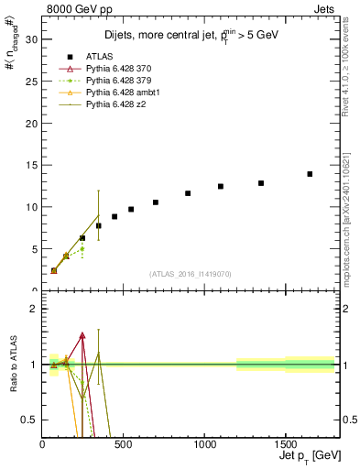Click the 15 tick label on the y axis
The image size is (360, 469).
[34, 165]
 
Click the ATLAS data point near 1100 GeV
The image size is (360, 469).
[221, 186]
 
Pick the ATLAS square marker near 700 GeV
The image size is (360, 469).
[156, 202]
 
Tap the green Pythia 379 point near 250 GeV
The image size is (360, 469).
[82, 249]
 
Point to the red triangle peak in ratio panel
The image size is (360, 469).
[82, 335]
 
